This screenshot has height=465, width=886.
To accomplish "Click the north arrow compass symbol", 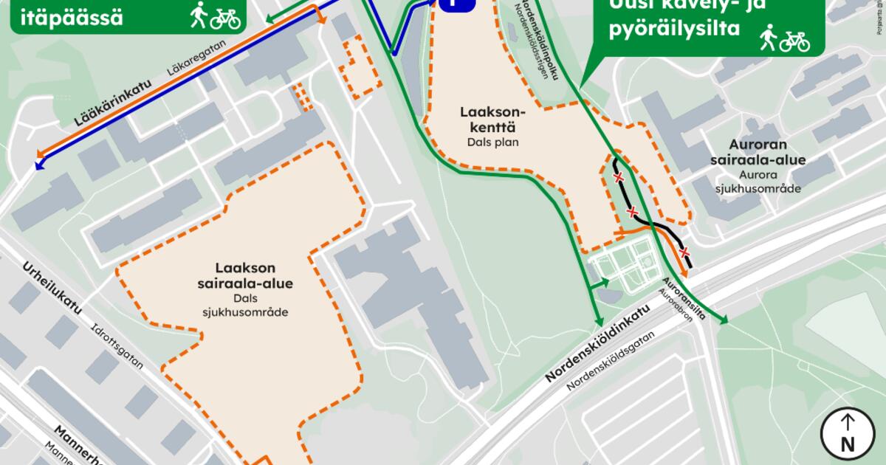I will (x=847, y=433).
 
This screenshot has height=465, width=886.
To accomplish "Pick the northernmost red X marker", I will (x=620, y=178).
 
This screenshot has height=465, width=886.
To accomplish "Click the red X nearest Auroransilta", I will (x=684, y=251).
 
